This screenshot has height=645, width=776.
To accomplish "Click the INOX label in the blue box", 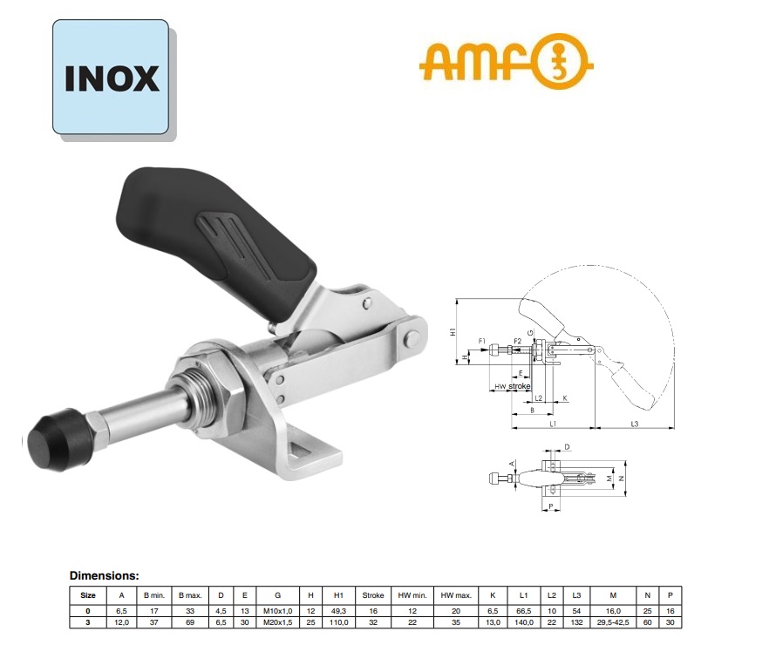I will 112,78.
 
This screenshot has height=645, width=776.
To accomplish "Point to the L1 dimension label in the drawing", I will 554,424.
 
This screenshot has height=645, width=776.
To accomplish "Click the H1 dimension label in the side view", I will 453,332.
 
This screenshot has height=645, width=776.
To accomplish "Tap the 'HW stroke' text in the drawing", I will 513,386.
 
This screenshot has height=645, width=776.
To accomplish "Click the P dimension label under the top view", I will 552,506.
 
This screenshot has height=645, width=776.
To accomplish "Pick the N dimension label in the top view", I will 623,479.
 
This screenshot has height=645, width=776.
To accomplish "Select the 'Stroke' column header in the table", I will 372,595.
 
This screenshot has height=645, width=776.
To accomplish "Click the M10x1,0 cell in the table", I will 277,610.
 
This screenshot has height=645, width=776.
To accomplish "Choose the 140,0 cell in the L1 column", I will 524,621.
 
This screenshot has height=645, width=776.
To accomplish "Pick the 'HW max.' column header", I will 455,595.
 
